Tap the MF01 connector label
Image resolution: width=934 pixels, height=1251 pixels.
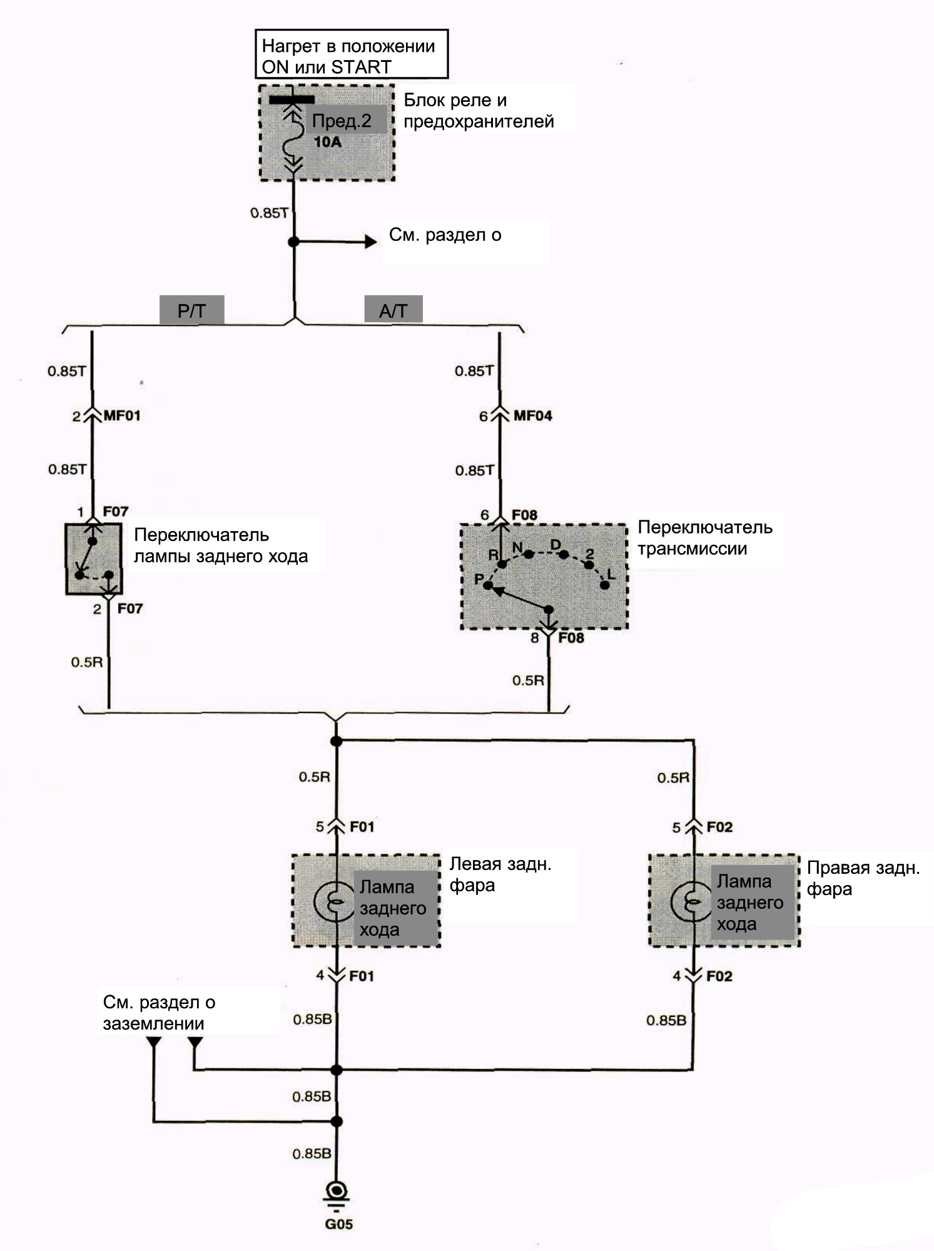tap(121, 415)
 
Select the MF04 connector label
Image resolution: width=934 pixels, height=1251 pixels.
tap(532, 416)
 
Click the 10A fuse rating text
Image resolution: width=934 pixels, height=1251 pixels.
tap(327, 142)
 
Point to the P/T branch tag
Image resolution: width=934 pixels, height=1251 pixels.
tap(191, 310)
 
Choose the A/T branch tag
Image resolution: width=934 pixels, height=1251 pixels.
tap(393, 310)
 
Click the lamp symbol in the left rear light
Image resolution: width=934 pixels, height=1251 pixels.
tap(335, 901)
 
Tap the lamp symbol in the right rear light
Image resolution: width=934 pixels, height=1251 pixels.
tap(691, 901)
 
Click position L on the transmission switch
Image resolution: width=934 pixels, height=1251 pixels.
tap(605, 584)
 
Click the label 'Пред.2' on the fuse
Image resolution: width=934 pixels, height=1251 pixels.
tap(342, 121)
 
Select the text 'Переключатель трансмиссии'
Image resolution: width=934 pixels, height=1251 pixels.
tap(705, 538)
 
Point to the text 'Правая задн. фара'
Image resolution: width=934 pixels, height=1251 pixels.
tap(863, 878)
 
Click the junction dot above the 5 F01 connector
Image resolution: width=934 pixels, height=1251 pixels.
tap(336, 741)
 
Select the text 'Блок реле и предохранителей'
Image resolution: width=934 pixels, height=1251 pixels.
tap(479, 110)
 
